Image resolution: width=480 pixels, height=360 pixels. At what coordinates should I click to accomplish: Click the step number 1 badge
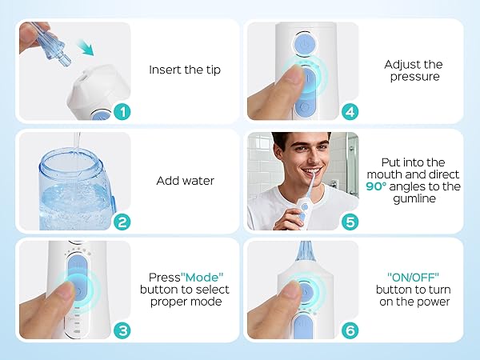[121, 112]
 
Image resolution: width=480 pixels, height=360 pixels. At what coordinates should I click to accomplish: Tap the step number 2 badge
[121, 222]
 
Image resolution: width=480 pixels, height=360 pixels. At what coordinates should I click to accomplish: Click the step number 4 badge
[350, 112]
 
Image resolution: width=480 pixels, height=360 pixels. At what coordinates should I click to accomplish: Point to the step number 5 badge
[350, 222]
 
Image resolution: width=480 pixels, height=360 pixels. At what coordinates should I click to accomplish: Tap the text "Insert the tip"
[184, 70]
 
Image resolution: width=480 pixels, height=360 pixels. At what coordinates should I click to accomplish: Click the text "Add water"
[184, 180]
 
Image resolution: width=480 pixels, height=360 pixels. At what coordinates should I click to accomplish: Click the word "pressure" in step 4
[414, 77]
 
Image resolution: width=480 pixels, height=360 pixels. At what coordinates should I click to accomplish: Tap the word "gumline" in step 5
[414, 199]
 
